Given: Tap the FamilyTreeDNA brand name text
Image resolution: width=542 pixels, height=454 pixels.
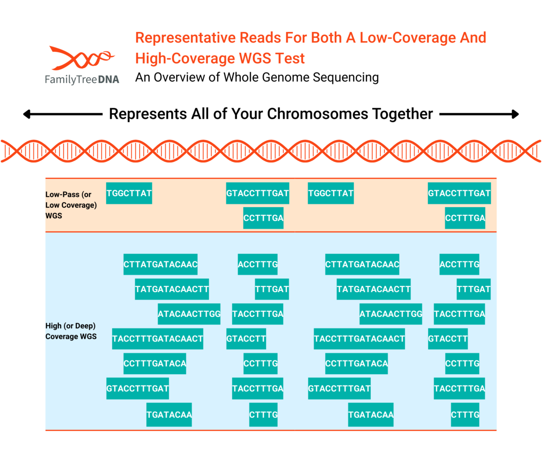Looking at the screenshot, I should pyautogui.click(x=82, y=80).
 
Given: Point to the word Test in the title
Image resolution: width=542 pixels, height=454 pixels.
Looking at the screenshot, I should pyautogui.click(x=290, y=58).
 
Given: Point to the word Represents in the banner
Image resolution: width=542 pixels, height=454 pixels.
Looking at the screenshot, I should pyautogui.click(x=146, y=114).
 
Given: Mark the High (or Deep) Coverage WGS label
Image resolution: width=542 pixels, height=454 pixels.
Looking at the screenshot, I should pyautogui.click(x=71, y=331).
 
